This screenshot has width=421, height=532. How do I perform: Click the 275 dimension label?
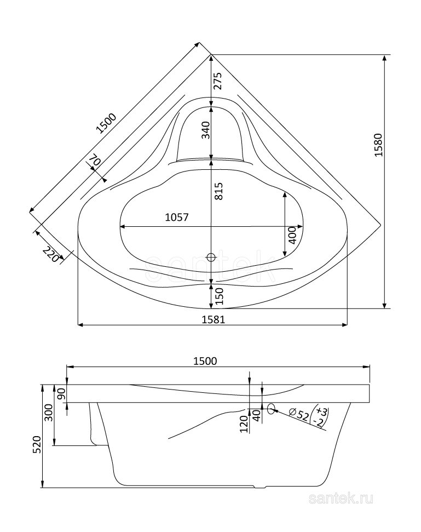click(x=217, y=81)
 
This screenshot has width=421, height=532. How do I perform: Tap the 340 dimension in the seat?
click(x=205, y=130)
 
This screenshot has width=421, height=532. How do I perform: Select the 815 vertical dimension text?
click(x=218, y=190)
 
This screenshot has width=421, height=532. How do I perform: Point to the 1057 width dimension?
click(x=176, y=217)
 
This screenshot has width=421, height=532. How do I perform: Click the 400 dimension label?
click(x=292, y=236)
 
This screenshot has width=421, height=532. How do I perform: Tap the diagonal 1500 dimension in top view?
click(x=106, y=123)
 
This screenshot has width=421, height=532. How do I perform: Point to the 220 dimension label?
click(x=51, y=255)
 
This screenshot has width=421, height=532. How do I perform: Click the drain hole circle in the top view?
click(x=211, y=256)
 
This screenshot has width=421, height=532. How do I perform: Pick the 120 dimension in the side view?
click(x=244, y=424)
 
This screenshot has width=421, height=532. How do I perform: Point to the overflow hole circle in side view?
click(x=271, y=408)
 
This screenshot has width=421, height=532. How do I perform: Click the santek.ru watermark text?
click(x=341, y=498)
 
